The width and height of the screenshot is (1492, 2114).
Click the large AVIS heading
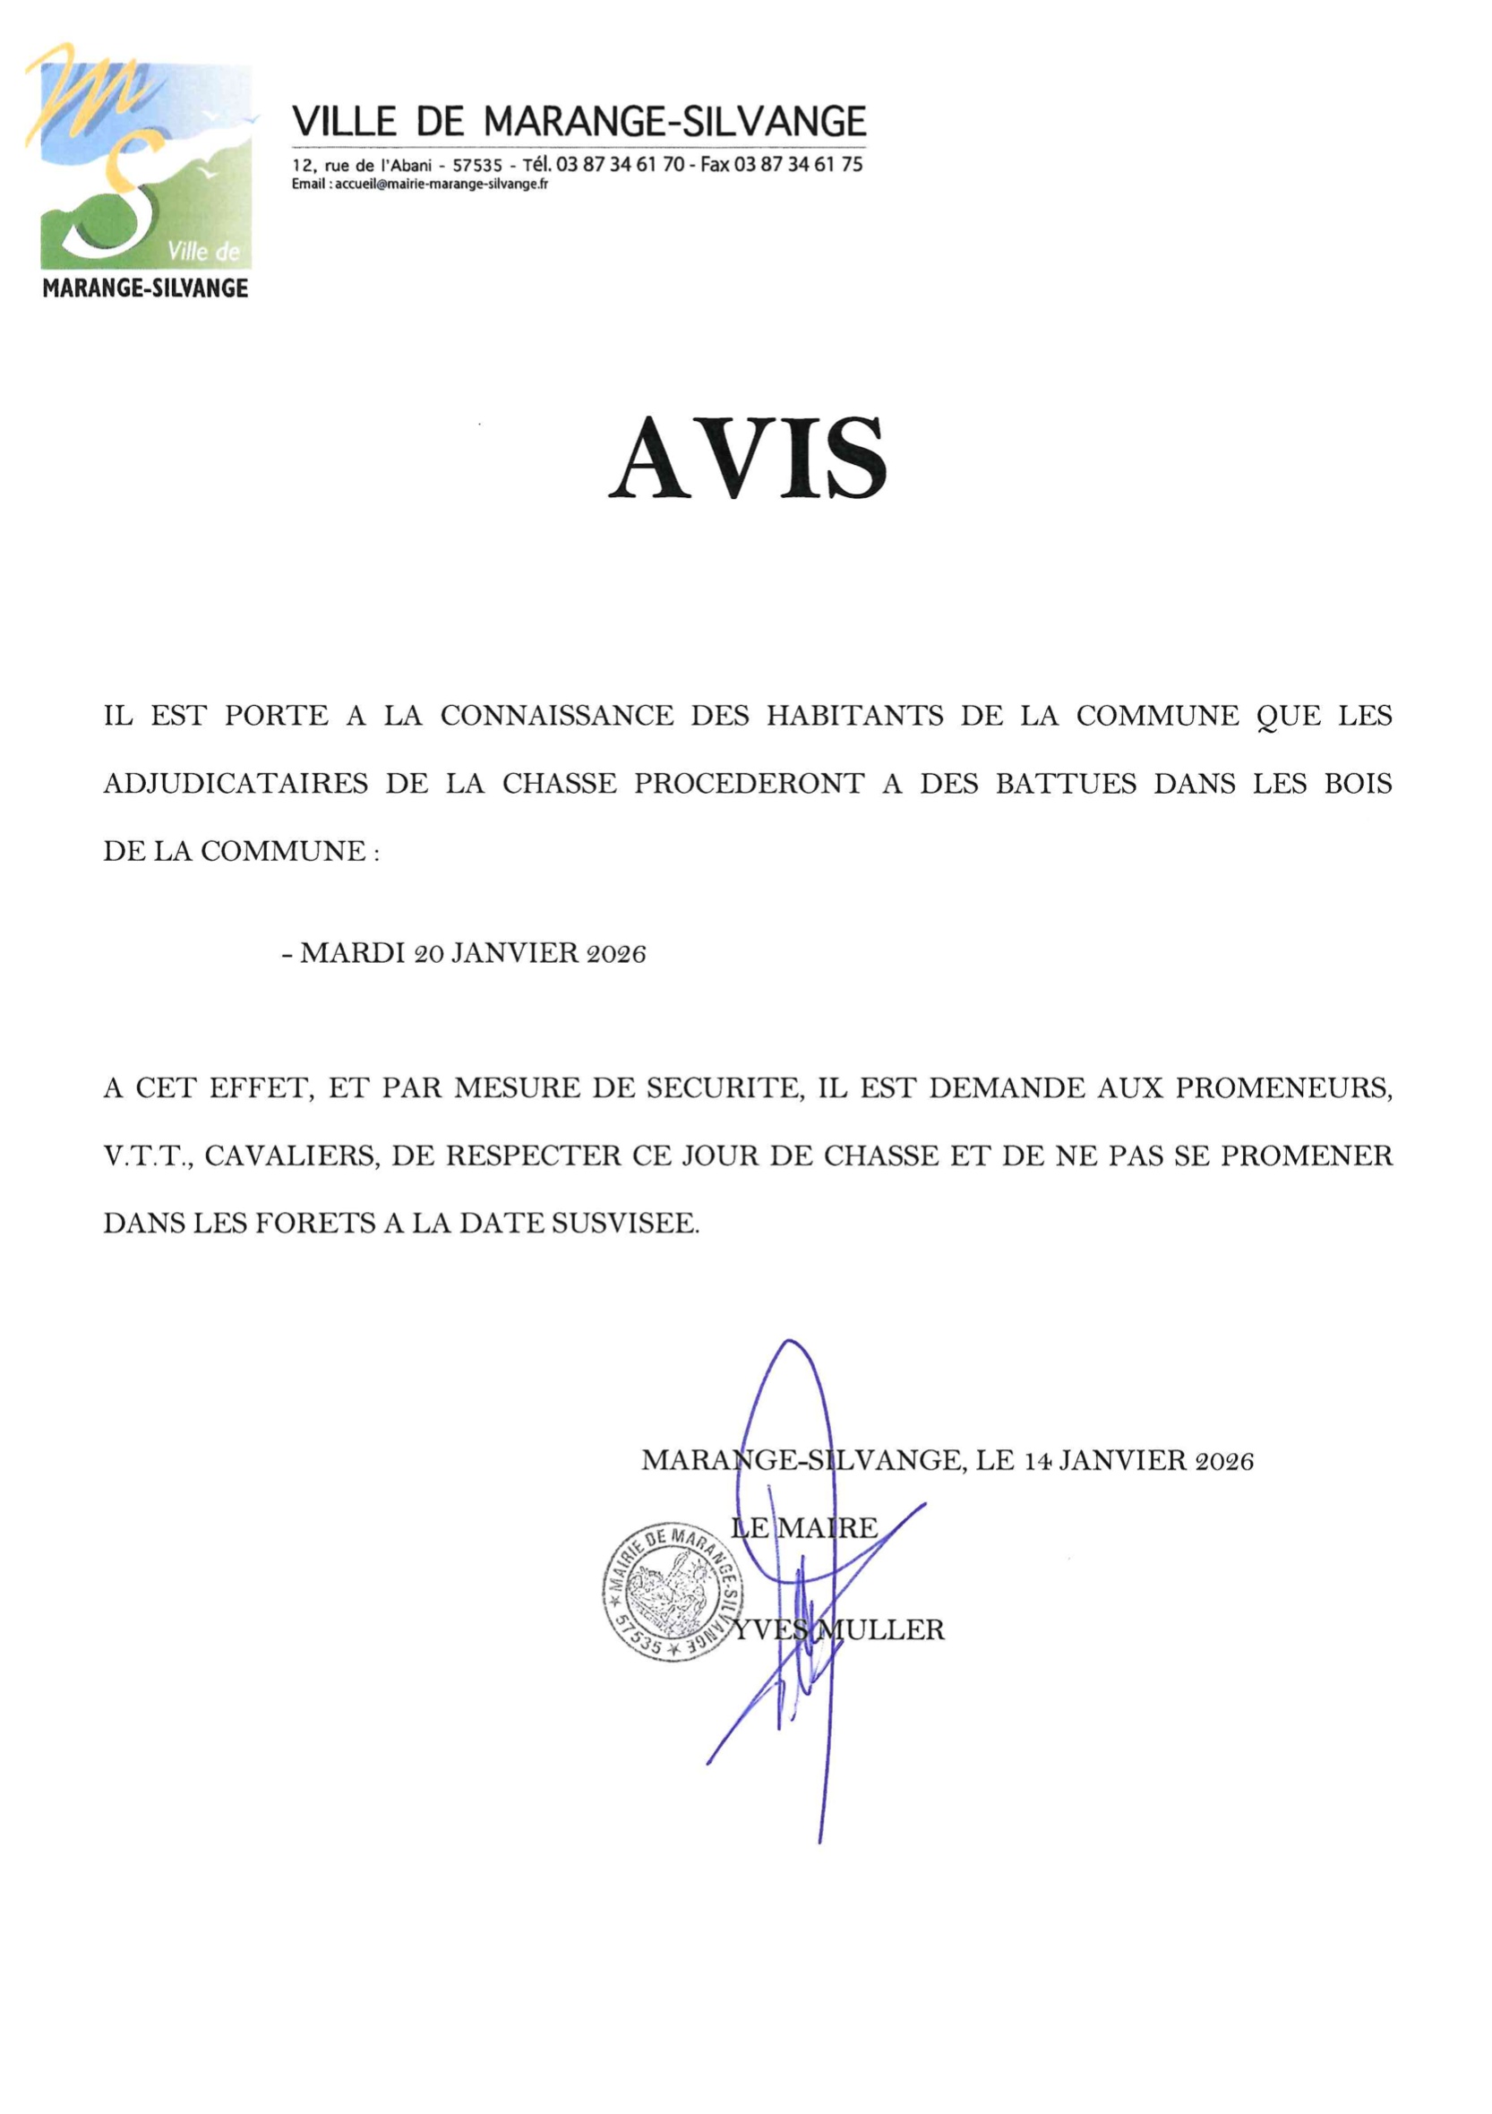click(x=747, y=458)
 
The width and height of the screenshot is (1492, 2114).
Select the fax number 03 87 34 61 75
click(x=798, y=165)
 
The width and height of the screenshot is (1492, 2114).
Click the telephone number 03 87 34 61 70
click(x=621, y=165)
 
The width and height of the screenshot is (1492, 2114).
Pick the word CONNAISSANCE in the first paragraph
click(x=557, y=717)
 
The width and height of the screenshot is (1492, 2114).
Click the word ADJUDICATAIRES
click(x=236, y=784)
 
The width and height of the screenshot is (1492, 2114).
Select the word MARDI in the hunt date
click(x=353, y=953)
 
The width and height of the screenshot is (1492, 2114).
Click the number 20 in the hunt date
click(x=429, y=954)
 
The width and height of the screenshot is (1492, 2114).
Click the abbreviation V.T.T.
click(x=147, y=1156)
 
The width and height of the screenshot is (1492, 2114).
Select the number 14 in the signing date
click(x=1038, y=1461)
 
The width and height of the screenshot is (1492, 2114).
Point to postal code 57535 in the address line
click(x=476, y=166)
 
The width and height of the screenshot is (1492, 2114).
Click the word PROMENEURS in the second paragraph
click(x=1284, y=1088)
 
